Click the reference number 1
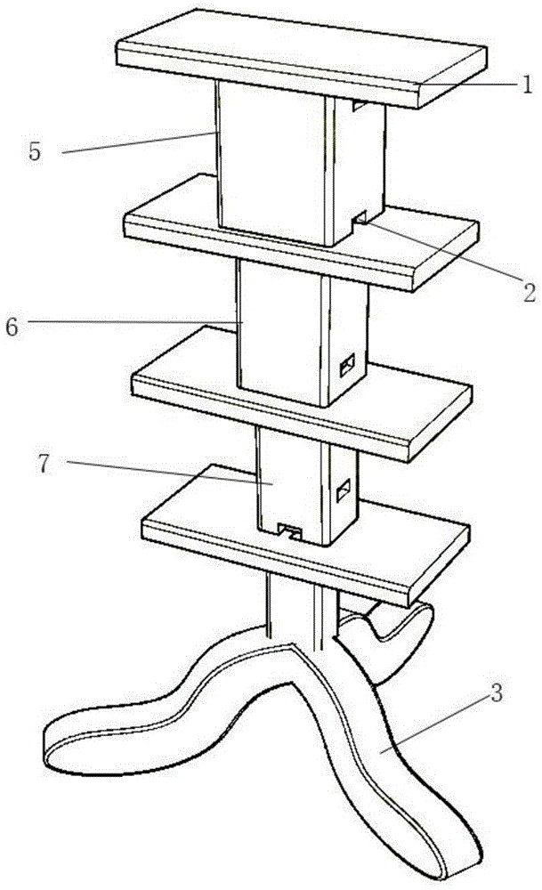(527, 85)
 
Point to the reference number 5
(35, 152)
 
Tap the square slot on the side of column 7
(344, 489)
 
